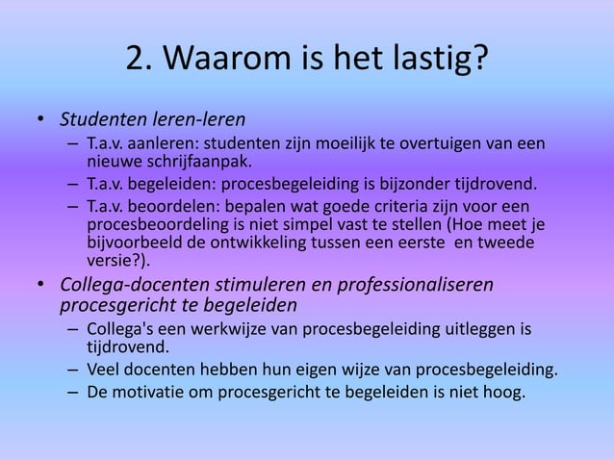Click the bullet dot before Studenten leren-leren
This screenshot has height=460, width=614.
(41, 121)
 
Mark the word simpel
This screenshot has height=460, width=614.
(296, 224)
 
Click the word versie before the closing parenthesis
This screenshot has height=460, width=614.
(110, 260)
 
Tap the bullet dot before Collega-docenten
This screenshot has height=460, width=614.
(41, 286)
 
